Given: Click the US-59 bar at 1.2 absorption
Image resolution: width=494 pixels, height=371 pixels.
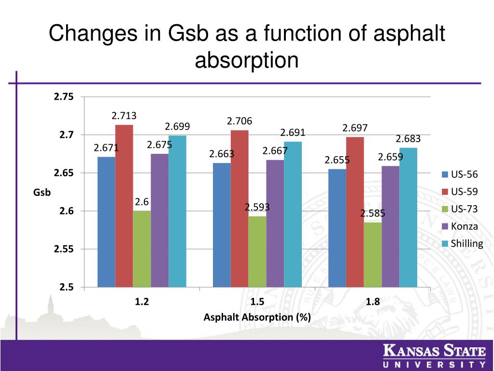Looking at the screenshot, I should (124, 206).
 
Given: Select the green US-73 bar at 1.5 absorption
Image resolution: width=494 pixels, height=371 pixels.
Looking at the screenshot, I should (257, 252).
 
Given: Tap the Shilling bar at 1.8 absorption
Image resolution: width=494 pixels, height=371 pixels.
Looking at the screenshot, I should (408, 217).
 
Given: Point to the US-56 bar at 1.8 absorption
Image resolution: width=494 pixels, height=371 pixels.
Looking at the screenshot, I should (337, 228).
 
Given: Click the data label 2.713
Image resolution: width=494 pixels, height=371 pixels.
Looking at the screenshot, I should (124, 116).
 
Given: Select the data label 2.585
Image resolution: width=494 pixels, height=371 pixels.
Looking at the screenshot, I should (373, 213).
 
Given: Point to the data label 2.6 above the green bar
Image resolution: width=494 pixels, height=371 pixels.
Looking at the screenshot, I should (141, 202).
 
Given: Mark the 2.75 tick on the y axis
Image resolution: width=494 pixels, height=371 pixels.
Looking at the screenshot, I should (64, 97).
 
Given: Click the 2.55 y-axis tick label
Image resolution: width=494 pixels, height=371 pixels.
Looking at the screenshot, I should (64, 250).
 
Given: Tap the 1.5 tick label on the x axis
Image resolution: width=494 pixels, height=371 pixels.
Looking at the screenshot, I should (257, 302).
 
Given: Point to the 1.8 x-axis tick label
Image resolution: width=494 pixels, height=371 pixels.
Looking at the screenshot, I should (373, 302).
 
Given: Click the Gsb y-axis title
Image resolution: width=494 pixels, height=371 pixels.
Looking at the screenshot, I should (42, 193).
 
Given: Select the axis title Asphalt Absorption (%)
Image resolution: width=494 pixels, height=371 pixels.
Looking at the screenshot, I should (257, 318).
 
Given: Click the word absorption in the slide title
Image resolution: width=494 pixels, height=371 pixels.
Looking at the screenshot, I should (247, 61).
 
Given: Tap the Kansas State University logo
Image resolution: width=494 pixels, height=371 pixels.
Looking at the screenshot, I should (434, 357).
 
